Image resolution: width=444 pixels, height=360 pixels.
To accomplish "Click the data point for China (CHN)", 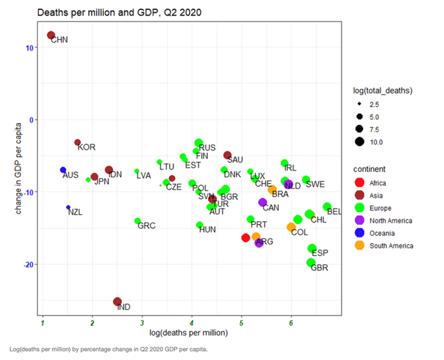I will click(x=51, y=36).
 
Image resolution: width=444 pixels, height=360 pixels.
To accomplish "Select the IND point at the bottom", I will click(x=118, y=302).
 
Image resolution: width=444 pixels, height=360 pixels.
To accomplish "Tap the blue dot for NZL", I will click(x=68, y=207).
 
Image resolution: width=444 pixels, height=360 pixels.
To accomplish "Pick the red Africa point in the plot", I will click(x=245, y=238).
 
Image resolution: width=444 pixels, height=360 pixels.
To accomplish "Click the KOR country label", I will click(x=87, y=148).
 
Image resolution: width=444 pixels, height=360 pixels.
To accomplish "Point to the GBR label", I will click(x=320, y=268).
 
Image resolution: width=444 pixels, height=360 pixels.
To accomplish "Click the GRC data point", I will click(x=138, y=221).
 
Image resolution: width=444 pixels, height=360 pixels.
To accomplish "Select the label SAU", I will click(x=235, y=160).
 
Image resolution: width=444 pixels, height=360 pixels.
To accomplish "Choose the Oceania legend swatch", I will click(x=359, y=233).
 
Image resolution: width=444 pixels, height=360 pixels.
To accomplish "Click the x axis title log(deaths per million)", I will click(x=189, y=333).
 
